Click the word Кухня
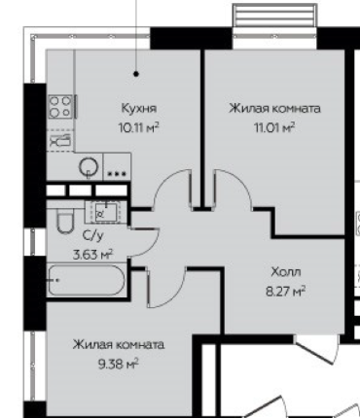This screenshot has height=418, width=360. pyautogui.click(x=138, y=109)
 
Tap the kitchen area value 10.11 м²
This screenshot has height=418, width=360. pyautogui.click(x=138, y=125)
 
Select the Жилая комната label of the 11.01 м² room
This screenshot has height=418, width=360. pyautogui.click(x=275, y=109)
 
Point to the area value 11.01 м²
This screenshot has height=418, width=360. pyautogui.click(x=275, y=125)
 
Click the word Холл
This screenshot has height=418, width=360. pyautogui.click(x=286, y=273)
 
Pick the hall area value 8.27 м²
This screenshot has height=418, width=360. pyautogui.click(x=286, y=290)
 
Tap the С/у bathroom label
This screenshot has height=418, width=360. pyautogui.click(x=94, y=236)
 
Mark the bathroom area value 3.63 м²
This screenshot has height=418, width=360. pyautogui.click(x=94, y=253)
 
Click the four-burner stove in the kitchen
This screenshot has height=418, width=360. pyautogui.click(x=61, y=104)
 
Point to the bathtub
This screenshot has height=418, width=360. pyautogui.click(x=86, y=282)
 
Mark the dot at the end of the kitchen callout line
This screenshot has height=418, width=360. pyautogui.click(x=136, y=72)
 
